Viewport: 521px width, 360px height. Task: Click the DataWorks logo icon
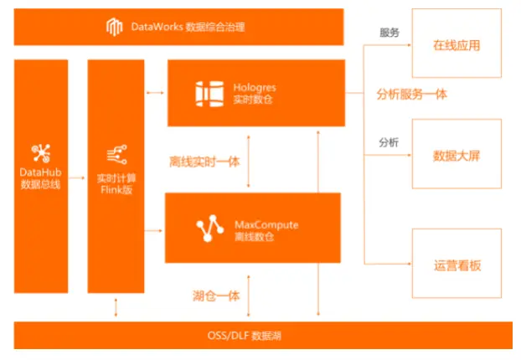[x=114, y=27]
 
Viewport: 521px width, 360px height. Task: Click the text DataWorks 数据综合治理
[x=187, y=28]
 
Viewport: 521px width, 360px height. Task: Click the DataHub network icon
[x=41, y=153]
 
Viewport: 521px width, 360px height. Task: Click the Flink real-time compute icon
[x=115, y=154]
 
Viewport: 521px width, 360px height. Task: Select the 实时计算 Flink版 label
[x=115, y=183]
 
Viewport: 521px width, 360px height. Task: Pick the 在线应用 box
[x=457, y=45]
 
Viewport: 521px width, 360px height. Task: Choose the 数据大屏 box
[x=457, y=155]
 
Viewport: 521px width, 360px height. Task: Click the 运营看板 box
[x=457, y=265]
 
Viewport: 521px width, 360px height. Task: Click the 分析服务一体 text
[x=411, y=94]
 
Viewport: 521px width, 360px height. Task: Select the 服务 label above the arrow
[x=389, y=33]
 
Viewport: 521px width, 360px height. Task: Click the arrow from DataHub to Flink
[x=77, y=177]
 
